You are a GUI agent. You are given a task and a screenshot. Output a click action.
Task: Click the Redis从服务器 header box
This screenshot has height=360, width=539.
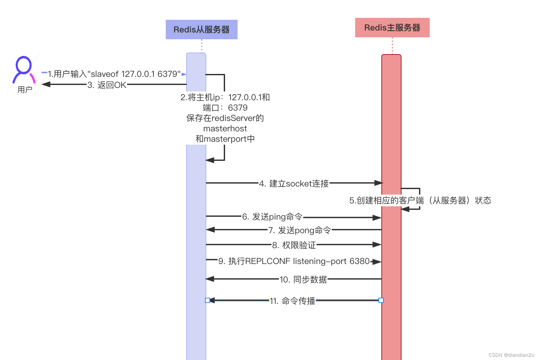pos(201,30)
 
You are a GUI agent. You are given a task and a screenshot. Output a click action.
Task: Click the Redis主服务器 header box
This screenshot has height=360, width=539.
pos(392,28)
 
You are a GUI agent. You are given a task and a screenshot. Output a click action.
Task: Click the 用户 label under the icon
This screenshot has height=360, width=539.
pos(25,90)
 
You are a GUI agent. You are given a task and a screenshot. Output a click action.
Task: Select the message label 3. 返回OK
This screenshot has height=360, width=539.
pos(107,85)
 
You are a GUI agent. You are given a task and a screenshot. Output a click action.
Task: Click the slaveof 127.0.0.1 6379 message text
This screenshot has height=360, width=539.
pos(114,74)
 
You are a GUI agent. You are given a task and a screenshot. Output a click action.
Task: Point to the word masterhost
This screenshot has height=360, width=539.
pos(225,128)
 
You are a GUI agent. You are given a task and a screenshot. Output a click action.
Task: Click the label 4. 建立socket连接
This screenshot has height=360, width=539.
pos(294,184)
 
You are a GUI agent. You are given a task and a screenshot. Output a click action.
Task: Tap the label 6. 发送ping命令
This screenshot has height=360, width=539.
pos(272,217)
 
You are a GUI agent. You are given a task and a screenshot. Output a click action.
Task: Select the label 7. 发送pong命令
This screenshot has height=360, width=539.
pos(300,230)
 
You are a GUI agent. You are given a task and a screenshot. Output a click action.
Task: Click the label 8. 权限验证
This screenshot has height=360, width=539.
pos(294,245)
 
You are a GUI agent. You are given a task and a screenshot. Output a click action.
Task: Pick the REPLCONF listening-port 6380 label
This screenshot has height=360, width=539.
pos(294,261)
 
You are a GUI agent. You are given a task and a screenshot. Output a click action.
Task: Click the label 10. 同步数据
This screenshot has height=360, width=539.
pos(303,279)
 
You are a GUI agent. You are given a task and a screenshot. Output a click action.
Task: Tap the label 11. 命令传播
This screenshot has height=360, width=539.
pos(292,301)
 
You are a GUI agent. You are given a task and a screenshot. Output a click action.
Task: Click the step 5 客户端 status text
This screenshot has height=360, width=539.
pos(420,200)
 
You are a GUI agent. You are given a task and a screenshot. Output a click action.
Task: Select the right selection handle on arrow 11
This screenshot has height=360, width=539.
pos(381,300)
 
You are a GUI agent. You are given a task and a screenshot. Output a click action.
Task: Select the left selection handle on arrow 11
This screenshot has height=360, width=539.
pos(208,300)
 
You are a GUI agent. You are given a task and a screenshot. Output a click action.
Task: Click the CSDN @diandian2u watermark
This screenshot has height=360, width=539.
pos(511,355)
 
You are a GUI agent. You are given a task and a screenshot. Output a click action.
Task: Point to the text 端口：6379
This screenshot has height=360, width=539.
pos(225,108)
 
